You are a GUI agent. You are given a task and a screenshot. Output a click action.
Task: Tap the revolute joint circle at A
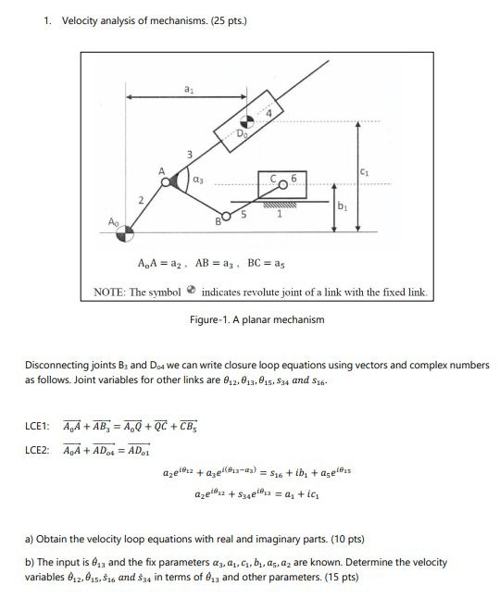pyautogui.click(x=168, y=182)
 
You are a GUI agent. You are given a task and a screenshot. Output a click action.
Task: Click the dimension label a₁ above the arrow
pyautogui.click(x=190, y=89)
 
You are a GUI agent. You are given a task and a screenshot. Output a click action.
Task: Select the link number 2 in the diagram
pyautogui.click(x=140, y=200)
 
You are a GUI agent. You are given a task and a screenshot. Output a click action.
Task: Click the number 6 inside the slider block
pyautogui.click(x=294, y=176)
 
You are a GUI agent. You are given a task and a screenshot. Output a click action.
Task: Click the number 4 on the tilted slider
pyautogui.click(x=270, y=113)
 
